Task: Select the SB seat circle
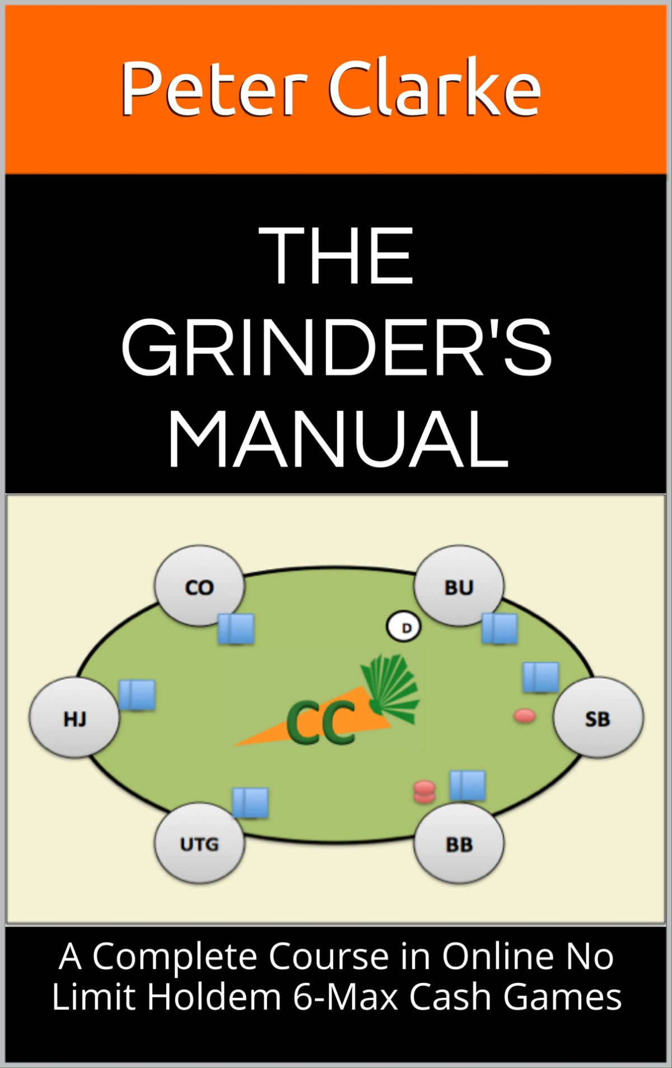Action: point(598,718)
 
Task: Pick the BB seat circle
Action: point(459,843)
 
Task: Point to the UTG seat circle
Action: point(199,843)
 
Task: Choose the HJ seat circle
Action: point(74,718)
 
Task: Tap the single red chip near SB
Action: point(525,715)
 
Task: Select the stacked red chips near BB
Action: point(424,792)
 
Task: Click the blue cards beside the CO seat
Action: point(236,628)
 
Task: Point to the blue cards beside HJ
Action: point(137,695)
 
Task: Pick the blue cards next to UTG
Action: point(250,802)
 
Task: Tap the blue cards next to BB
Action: point(468,785)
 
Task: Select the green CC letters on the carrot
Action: point(321,722)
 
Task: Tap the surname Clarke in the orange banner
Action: point(435,88)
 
